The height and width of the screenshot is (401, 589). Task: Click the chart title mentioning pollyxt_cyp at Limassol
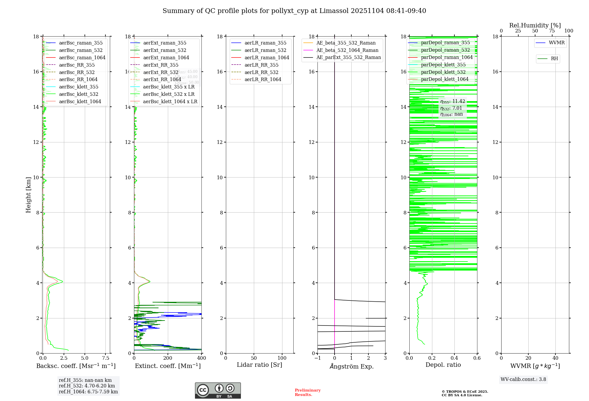click(294, 11)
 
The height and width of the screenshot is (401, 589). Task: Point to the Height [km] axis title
click(28, 195)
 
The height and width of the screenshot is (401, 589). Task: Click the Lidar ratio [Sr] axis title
click(259, 365)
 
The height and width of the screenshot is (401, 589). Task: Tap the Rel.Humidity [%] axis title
click(535, 25)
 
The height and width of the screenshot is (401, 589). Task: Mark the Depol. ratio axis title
click(443, 365)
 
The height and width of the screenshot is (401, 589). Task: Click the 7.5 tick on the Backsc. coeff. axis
click(106, 358)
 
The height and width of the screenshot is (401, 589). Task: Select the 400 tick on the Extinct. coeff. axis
click(201, 358)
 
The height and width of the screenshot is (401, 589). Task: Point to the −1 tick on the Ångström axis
click(317, 358)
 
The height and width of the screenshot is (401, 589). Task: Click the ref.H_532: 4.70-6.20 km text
click(87, 386)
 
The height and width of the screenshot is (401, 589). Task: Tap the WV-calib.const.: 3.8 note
click(523, 379)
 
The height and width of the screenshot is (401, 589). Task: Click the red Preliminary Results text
click(307, 392)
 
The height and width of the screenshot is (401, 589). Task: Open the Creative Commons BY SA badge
click(218, 390)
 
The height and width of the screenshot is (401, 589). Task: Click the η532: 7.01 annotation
click(451, 108)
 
